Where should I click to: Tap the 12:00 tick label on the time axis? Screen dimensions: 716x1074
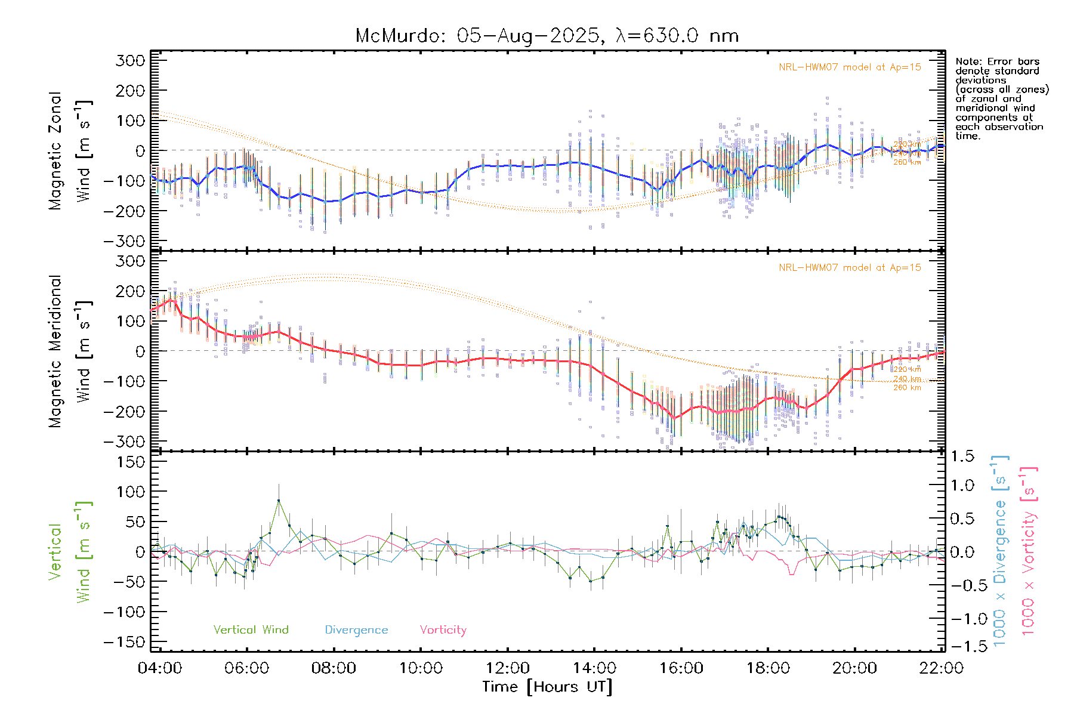(507, 668)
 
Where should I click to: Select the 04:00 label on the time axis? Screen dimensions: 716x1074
(160, 668)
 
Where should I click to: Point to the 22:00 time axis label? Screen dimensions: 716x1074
(941, 668)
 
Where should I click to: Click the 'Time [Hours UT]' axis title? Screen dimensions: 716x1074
(547, 687)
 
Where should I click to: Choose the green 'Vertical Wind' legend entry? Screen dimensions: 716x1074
(251, 629)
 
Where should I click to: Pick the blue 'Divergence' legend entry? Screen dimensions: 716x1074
(356, 629)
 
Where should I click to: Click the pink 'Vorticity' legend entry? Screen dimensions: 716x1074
(443, 629)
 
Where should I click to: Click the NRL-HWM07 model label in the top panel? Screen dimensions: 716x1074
(850, 67)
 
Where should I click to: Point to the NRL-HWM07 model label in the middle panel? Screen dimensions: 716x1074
(850, 268)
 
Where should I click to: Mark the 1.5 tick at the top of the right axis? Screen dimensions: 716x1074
(962, 456)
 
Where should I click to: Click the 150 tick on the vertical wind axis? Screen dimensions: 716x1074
(131, 462)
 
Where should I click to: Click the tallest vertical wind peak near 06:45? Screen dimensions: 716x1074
(279, 501)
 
